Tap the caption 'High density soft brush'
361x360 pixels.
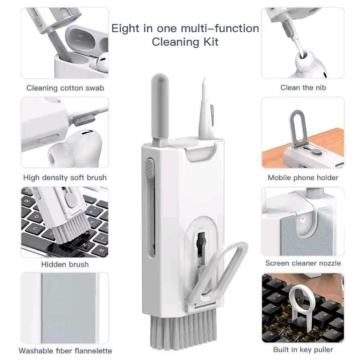click(x=65, y=177)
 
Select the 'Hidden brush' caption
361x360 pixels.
click(x=65, y=264)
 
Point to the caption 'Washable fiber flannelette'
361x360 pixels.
click(x=65, y=350)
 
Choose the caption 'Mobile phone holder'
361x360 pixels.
click(x=303, y=177)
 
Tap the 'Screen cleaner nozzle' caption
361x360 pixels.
click(x=303, y=263)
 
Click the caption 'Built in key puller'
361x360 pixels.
click(x=303, y=349)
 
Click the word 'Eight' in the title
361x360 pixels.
click(x=124, y=28)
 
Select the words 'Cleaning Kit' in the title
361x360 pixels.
click(x=185, y=42)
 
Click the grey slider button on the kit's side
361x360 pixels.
click(x=149, y=169)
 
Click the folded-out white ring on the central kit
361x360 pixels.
click(x=221, y=274)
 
